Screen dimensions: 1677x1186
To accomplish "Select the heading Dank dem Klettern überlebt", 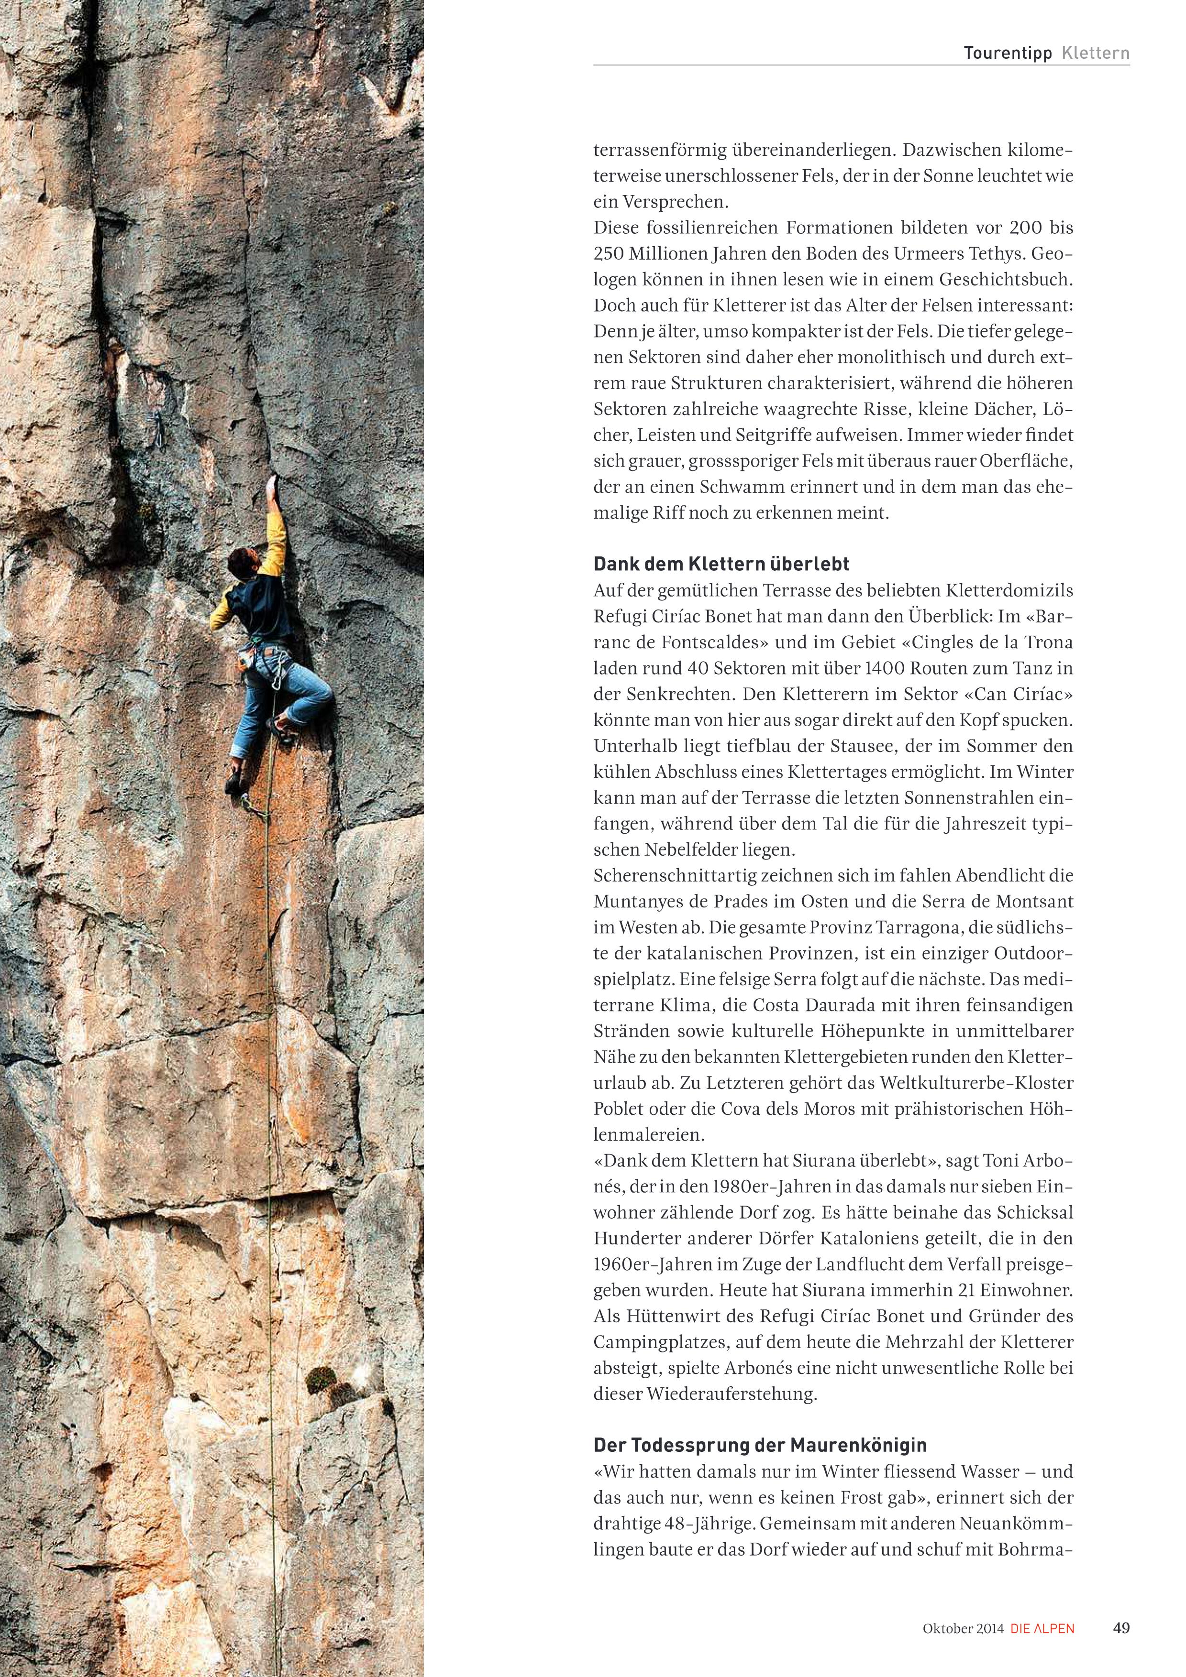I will (721, 564).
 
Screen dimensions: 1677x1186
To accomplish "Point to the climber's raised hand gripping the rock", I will (273, 483).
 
